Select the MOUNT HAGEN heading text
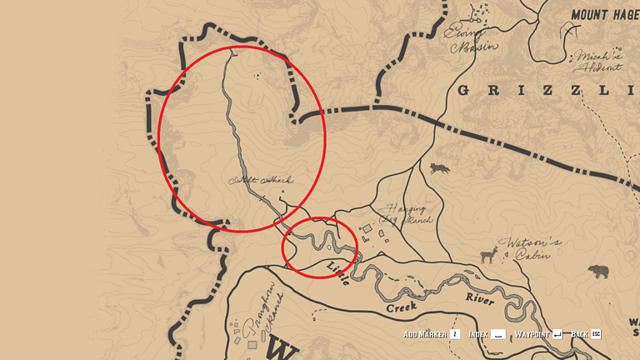(604, 14)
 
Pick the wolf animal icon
(438, 169)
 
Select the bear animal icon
(597, 272)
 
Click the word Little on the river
(339, 270)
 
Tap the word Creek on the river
(400, 307)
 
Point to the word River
(479, 297)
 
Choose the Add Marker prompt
(425, 334)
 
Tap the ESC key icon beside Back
(596, 334)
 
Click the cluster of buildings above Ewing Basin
(477, 12)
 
